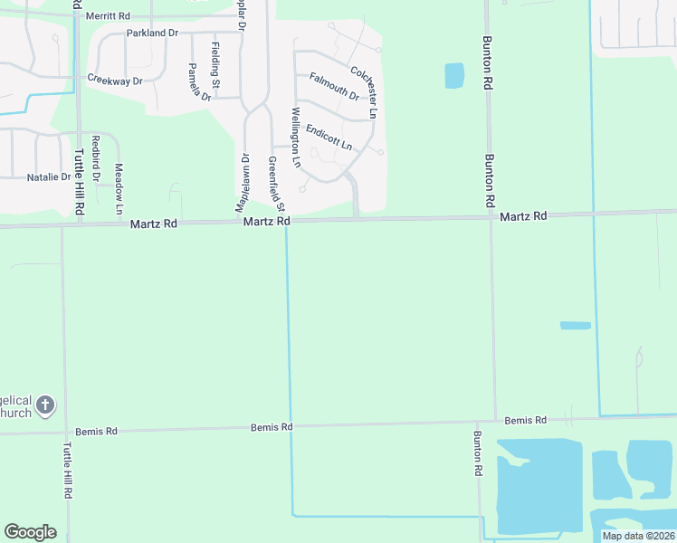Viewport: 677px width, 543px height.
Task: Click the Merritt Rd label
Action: coord(107,16)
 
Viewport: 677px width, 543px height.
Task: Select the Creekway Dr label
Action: coord(115,81)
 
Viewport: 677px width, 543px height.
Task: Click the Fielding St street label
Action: coord(215,60)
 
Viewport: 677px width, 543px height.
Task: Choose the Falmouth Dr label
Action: coord(334,86)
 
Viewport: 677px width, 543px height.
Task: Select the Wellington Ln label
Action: coord(296,137)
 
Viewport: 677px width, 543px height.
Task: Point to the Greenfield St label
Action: coord(272,185)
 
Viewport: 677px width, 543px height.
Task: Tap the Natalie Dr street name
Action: coord(49,176)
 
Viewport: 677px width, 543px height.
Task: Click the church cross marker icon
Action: coord(46,405)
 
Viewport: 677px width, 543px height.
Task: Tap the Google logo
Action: coord(30,532)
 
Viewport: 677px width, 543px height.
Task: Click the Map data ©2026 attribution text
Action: coord(638,536)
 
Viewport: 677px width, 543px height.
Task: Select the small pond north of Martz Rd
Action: coord(454,76)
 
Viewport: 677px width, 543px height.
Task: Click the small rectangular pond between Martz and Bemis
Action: coord(575,325)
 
